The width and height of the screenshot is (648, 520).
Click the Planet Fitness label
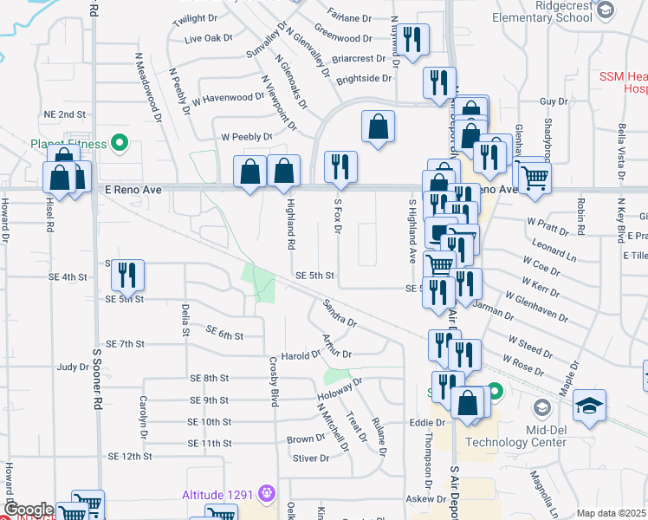pyautogui.click(x=68, y=144)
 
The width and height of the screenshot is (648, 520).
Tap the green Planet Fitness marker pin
pyautogui.click(x=121, y=144)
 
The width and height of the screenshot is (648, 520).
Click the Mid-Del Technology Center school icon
pyautogui.click(x=541, y=407)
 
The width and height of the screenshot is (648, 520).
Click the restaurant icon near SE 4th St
pyautogui.click(x=128, y=275)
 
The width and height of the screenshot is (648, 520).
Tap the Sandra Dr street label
pyautogui.click(x=340, y=315)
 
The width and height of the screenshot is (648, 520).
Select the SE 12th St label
pyautogui.click(x=130, y=456)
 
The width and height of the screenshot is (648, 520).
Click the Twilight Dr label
pyautogui.click(x=194, y=18)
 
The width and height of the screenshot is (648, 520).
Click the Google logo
pyautogui.click(x=27, y=510)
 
